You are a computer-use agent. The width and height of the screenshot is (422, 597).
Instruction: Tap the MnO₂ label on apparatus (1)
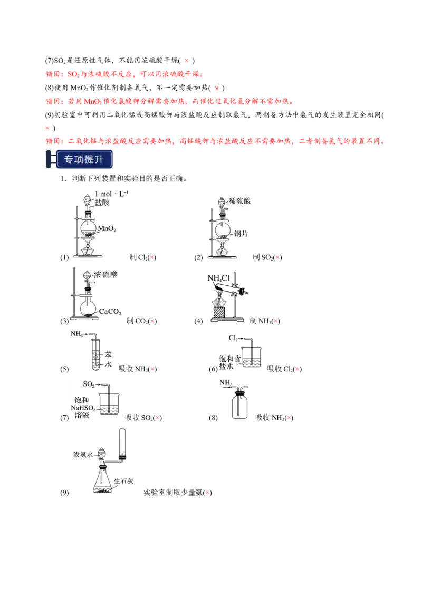click(x=107, y=228)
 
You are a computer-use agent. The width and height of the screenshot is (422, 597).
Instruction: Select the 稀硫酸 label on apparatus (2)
click(x=239, y=200)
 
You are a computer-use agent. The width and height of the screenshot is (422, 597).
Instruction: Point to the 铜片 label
click(x=241, y=234)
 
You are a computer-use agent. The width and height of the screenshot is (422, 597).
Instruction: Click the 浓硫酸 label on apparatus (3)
click(x=106, y=275)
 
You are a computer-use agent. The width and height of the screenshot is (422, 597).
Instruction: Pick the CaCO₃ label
click(x=110, y=312)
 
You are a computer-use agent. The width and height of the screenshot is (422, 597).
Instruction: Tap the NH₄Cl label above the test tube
click(x=218, y=278)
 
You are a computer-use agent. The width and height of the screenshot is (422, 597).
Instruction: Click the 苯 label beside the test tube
click(x=108, y=354)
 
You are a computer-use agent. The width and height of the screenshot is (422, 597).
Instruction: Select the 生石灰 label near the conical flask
click(x=124, y=481)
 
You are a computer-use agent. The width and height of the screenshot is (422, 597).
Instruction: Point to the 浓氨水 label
click(x=83, y=455)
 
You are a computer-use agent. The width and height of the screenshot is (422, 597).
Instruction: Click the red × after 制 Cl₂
click(x=152, y=257)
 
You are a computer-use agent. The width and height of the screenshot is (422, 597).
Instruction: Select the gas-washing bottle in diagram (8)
click(x=239, y=405)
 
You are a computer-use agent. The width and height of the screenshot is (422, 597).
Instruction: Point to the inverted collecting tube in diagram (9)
click(x=122, y=444)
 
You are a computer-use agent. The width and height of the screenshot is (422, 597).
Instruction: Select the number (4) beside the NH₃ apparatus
click(x=198, y=321)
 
